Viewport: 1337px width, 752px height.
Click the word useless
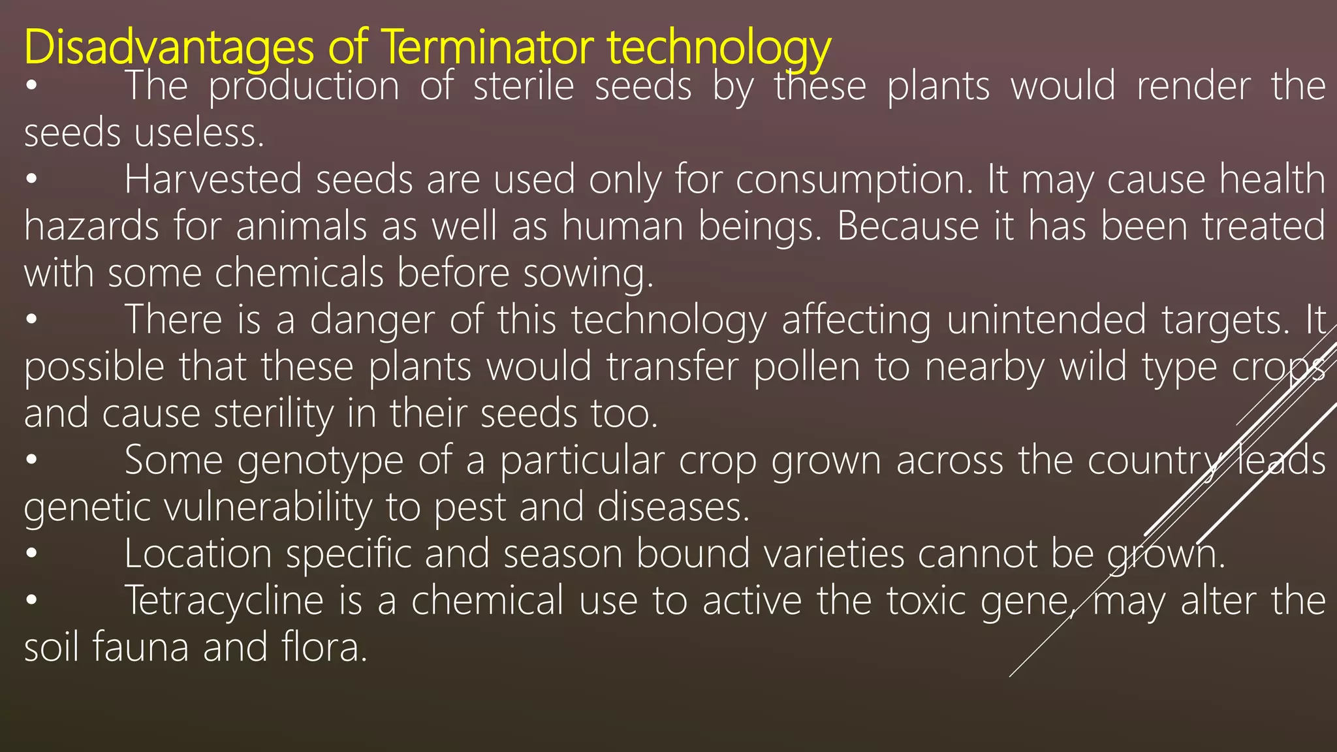click(x=199, y=133)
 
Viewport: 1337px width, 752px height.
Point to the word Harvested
click(x=213, y=180)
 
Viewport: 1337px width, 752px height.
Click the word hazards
click(x=91, y=227)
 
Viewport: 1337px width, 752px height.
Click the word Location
click(x=198, y=554)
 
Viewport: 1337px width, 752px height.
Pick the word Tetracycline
click(x=224, y=601)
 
